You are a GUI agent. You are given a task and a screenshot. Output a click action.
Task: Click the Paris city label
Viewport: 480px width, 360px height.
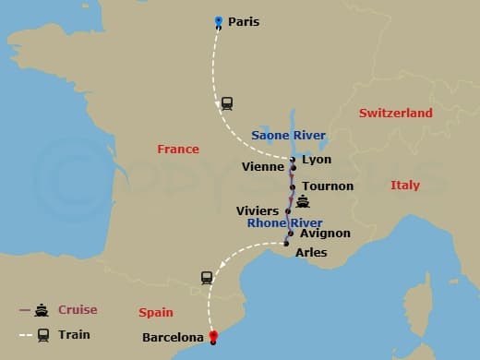tap(244, 21)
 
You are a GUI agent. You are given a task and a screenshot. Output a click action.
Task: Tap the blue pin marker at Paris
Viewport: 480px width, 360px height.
tap(218, 21)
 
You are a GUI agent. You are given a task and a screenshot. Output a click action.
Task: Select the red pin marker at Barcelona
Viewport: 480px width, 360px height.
tap(213, 337)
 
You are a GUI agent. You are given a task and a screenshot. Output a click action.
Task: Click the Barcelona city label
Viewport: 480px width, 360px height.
tap(173, 338)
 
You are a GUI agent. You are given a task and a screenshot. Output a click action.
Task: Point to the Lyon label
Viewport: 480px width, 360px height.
tap(316, 160)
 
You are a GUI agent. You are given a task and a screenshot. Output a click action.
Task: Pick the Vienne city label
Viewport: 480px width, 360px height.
tap(262, 167)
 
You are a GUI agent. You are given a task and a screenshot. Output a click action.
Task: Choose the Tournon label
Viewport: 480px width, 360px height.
tap(328, 186)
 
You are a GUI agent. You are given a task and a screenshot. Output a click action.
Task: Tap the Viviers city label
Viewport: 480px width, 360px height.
tap(258, 210)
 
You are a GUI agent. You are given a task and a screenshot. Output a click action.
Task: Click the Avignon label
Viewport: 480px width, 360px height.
tap(325, 234)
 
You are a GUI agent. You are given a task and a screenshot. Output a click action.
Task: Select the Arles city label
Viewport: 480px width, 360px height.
tap(310, 252)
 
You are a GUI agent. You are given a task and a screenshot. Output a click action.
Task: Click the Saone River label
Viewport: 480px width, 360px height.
tap(289, 136)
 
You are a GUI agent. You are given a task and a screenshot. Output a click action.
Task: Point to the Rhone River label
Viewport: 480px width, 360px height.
tap(284, 223)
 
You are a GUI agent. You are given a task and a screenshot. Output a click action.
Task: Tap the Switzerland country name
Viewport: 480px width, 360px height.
tap(396, 113)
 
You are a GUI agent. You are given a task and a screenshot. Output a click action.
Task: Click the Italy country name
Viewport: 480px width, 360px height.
tap(404, 186)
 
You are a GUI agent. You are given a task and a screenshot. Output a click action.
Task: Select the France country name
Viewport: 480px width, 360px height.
tap(178, 149)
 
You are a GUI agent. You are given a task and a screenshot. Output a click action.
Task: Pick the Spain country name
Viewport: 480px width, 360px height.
tap(155, 313)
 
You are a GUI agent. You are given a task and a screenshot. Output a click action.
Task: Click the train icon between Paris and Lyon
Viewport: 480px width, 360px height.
tap(227, 102)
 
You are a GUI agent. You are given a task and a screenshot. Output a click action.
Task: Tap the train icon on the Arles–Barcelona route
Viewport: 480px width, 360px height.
tap(207, 277)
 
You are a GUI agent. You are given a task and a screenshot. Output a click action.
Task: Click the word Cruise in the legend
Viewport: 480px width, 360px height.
tap(78, 310)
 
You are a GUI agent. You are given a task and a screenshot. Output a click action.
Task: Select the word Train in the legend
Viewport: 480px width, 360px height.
tap(74, 334)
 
